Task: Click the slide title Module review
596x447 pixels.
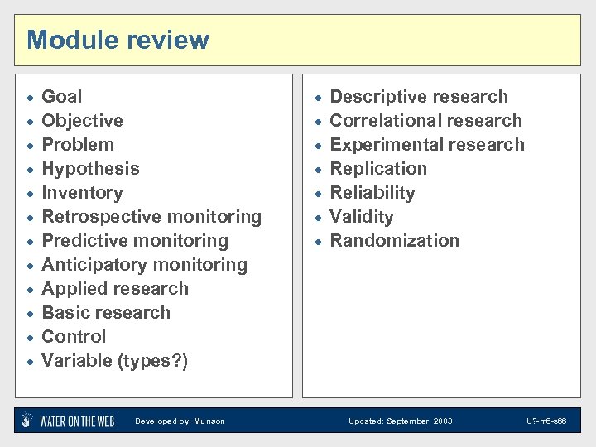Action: coord(118,40)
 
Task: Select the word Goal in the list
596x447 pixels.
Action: coord(62,97)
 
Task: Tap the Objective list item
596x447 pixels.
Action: coord(82,121)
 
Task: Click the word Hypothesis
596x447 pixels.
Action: coord(90,169)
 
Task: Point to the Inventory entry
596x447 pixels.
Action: coord(82,193)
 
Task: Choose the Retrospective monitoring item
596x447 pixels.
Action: coord(151,217)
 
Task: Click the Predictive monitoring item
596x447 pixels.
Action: coord(135,241)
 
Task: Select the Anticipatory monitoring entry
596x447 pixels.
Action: coord(144,265)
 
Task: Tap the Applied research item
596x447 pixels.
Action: coord(115,289)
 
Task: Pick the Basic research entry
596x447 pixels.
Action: coord(106,313)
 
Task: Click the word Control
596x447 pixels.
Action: coord(74,337)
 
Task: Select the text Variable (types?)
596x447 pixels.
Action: coord(115,361)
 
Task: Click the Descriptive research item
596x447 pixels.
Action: coord(419,97)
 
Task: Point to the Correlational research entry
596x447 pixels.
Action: coord(426,121)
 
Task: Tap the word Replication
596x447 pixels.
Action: coord(378,169)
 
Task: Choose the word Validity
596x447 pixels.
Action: coord(362,217)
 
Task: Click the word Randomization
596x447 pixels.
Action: coord(394,241)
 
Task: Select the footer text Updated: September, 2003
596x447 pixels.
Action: coord(401,421)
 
